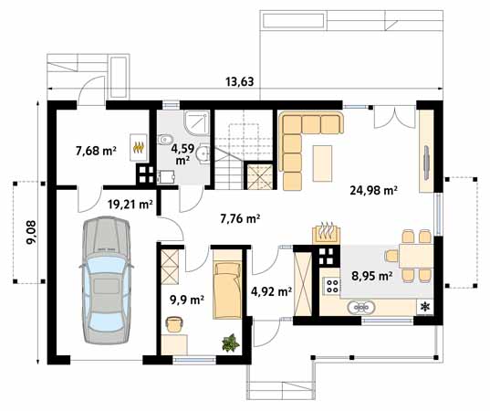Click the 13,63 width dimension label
coord(240,81)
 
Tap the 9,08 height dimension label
coord(31,233)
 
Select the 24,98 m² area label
coord(373,190)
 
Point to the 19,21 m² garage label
coord(130,205)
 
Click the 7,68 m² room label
coord(96,151)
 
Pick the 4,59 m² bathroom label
coord(182,153)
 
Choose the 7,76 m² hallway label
coord(240,218)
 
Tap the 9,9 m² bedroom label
coord(187,300)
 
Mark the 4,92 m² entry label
coord(272,291)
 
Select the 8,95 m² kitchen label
coord(372,276)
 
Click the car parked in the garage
coord(106,280)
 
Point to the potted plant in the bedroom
coord(231,342)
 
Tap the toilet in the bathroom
coord(164,140)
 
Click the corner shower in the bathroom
coord(196,122)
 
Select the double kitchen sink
coord(361,307)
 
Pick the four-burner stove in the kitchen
coord(332,286)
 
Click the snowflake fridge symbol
coord(424,307)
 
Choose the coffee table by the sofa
coord(322,163)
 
